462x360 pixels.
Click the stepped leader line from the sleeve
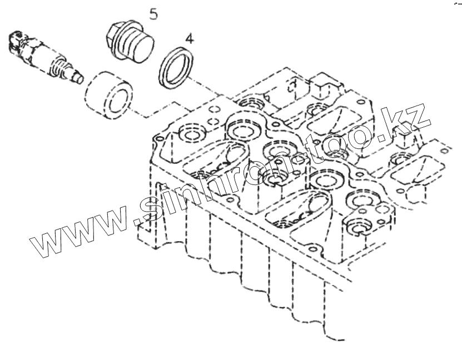tap(161, 111)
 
